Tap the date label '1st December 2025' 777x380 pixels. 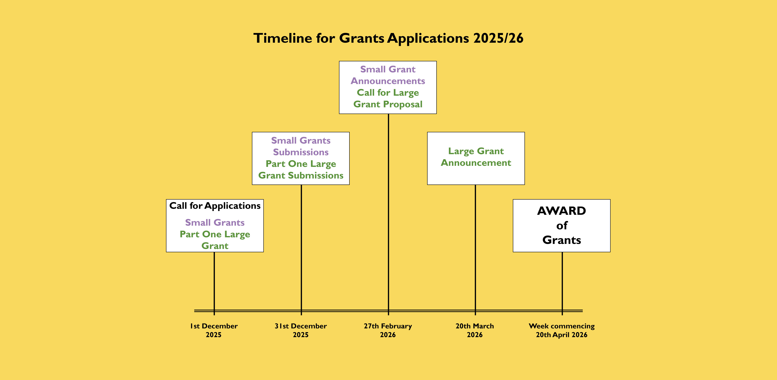[x=214, y=330]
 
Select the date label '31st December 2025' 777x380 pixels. [x=301, y=330]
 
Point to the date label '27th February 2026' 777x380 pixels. [x=388, y=330]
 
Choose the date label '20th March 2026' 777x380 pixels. [x=475, y=330]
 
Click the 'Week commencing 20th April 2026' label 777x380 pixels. [x=562, y=330]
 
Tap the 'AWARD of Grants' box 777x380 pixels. [x=562, y=226]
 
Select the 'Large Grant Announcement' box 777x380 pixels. [x=476, y=158]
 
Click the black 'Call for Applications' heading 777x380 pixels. [x=215, y=206]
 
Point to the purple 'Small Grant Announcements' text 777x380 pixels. [x=388, y=75]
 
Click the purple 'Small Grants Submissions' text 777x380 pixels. [x=301, y=146]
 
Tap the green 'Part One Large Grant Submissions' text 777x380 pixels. [x=301, y=170]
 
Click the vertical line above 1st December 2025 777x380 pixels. [x=214, y=284]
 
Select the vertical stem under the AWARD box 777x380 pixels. [x=562, y=284]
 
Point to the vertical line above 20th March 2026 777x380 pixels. [x=475, y=250]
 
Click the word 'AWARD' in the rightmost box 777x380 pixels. [x=562, y=211]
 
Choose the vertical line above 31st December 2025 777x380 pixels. [x=301, y=250]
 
